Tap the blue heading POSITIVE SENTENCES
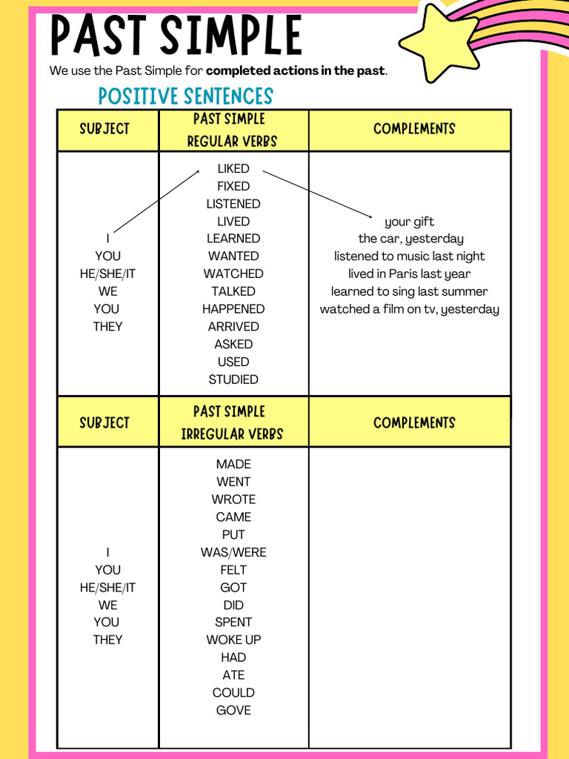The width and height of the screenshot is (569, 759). [x=185, y=96]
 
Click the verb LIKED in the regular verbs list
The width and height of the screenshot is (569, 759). [x=233, y=168]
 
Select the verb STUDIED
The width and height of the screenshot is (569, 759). [x=233, y=379]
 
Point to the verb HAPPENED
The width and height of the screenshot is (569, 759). [x=233, y=309]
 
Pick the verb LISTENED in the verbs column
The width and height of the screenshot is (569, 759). [x=233, y=204]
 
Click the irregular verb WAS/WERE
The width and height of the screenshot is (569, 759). [x=233, y=552]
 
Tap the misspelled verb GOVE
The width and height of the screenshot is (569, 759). [x=233, y=710]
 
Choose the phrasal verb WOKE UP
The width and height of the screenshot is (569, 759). [x=233, y=640]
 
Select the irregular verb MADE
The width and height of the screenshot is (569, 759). [x=233, y=464]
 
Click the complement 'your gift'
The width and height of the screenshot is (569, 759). [x=410, y=222]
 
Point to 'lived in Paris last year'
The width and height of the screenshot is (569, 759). [x=410, y=274]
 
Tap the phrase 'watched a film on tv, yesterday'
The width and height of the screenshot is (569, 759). [x=410, y=309]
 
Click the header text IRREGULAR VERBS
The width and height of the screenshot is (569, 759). [x=232, y=434]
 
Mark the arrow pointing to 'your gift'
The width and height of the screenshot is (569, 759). [x=317, y=194]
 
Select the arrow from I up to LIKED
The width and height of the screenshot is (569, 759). [x=156, y=202]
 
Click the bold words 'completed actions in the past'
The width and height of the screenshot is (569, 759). [x=296, y=71]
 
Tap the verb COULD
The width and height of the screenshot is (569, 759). [x=233, y=692]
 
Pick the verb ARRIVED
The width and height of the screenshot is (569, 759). [x=233, y=326]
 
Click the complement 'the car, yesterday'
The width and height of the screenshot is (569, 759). [x=411, y=239]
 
